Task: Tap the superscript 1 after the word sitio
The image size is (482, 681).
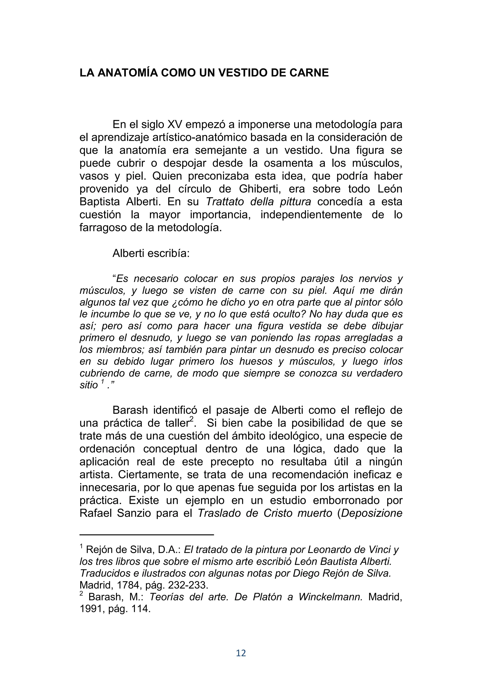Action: point(102,383)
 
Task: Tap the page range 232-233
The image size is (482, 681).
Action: point(188,585)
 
